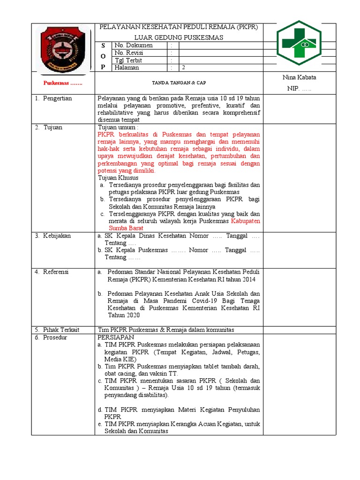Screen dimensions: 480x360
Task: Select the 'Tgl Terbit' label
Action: [128, 60]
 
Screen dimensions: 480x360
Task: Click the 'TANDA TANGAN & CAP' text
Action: [179, 83]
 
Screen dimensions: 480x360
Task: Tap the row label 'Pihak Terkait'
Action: [61, 330]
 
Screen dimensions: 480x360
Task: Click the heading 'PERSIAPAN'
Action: [116, 337]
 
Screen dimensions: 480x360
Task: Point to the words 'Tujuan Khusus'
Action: [118, 178]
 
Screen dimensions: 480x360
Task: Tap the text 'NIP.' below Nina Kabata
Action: [293, 88]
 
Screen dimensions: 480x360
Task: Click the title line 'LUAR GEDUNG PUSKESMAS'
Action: [179, 37]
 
